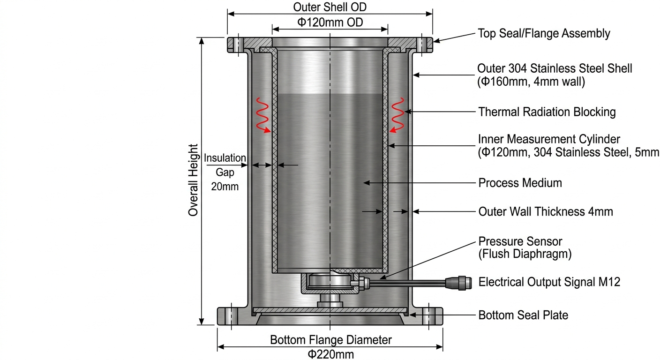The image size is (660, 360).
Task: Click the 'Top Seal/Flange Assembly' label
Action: click(544, 33)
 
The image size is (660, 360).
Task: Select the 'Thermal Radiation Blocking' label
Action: click(547, 112)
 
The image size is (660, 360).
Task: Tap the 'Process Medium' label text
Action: click(520, 183)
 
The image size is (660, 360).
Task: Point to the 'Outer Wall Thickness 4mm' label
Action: click(546, 212)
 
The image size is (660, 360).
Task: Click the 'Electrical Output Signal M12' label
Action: click(548, 282)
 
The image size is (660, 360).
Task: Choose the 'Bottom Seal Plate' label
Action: click(523, 315)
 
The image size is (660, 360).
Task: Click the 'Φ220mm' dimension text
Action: click(330, 354)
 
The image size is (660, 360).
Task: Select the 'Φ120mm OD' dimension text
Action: click(330, 22)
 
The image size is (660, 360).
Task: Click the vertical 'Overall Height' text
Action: click(193, 180)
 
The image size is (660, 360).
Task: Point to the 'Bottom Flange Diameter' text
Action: click(330, 339)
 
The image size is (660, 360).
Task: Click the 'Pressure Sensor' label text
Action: click(520, 241)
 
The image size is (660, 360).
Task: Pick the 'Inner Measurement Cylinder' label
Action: click(549, 139)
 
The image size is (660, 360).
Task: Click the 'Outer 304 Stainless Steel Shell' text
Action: click(555, 68)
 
